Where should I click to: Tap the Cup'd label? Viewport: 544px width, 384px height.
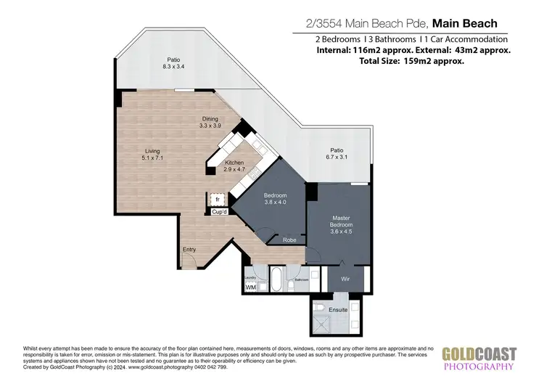coord(220,212)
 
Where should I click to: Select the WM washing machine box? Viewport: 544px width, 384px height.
coord(251,288)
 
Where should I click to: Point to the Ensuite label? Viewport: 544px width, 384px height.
coord(338,310)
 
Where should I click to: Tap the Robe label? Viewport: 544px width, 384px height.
coord(289,240)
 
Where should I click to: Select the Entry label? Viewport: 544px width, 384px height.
coord(189,250)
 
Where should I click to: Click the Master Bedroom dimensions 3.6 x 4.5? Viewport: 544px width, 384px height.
coord(341,233)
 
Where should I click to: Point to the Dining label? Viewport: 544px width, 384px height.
coord(211,118)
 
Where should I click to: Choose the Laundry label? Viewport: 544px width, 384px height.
coord(250,277)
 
